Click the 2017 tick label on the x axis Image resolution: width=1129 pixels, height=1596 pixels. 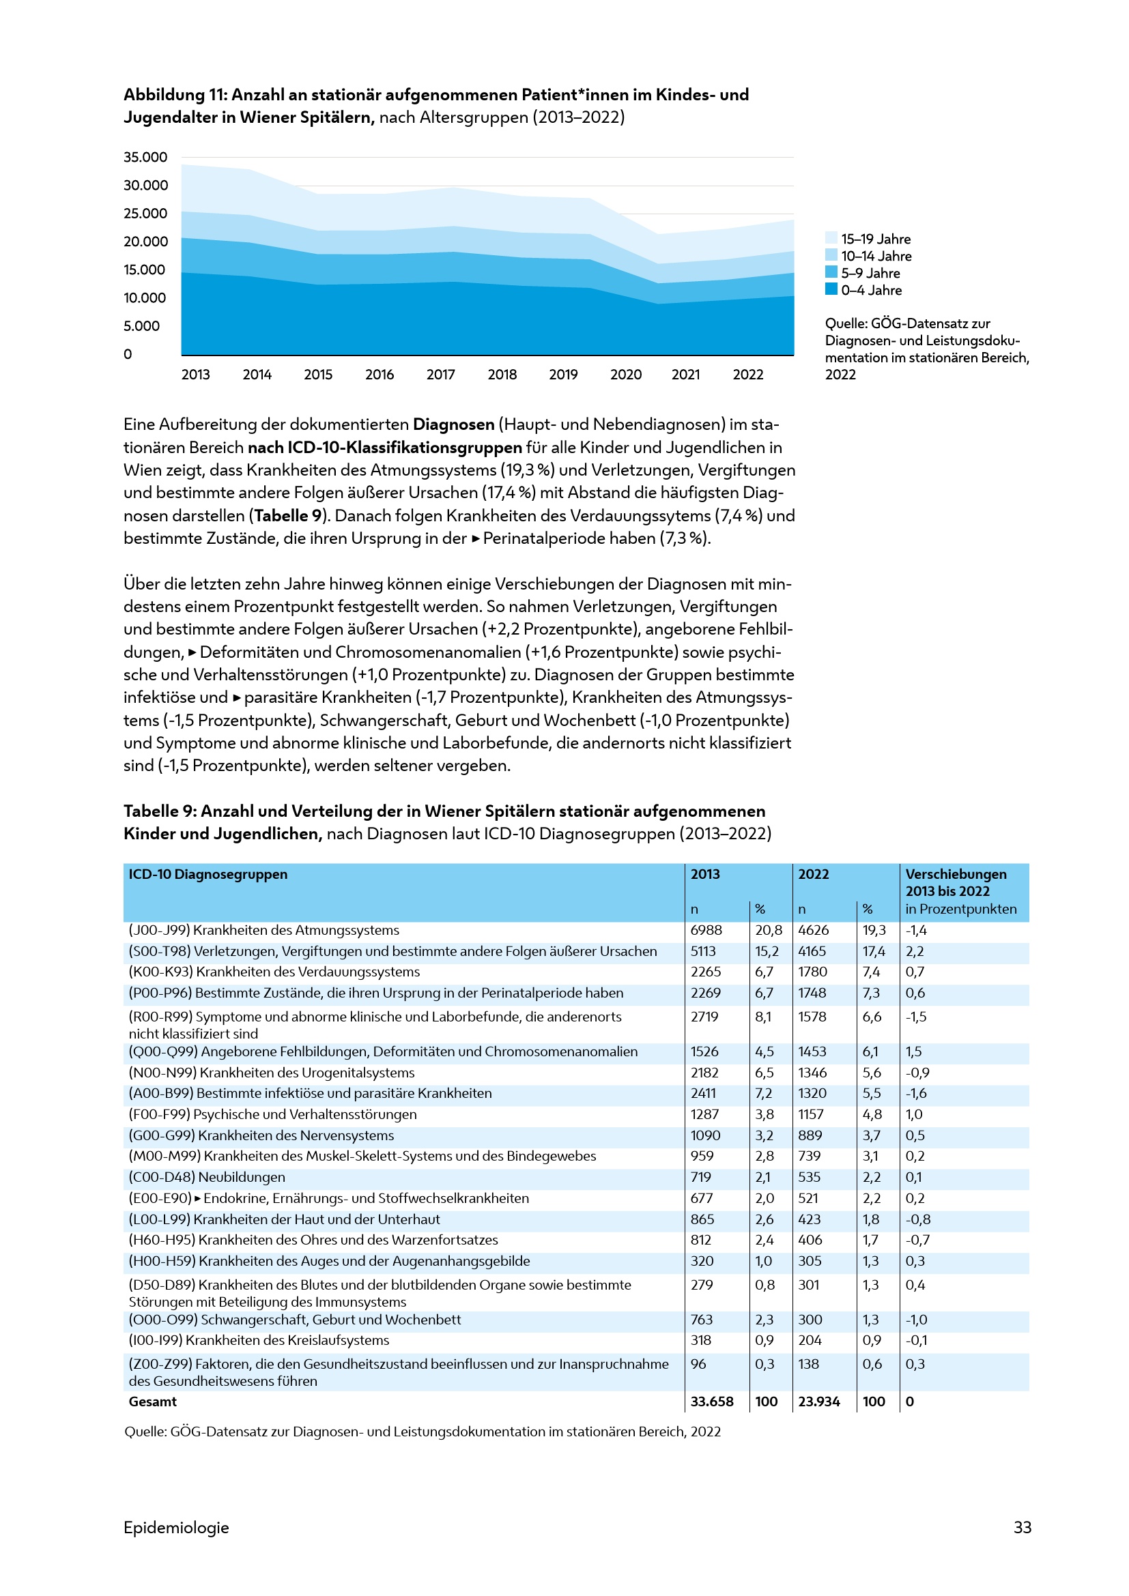pos(440,375)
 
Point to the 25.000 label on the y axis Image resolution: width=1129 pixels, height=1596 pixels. pos(145,214)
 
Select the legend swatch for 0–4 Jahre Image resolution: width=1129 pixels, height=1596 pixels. pos(831,289)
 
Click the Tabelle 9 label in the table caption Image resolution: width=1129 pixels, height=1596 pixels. pos(159,811)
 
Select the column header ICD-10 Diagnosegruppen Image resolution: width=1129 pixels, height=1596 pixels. pos(208,874)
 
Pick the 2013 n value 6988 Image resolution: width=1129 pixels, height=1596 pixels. pos(706,930)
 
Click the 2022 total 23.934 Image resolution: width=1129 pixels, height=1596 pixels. pos(818,1402)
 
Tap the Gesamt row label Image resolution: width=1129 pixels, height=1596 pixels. pos(152,1402)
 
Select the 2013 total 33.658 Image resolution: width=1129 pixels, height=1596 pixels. pos(711,1402)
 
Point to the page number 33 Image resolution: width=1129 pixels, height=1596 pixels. pos(1022,1527)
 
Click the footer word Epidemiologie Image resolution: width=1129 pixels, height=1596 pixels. pos(176,1527)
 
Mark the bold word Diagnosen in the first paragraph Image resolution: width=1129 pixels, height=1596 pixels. pos(453,424)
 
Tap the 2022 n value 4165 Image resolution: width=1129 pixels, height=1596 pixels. pos(812,951)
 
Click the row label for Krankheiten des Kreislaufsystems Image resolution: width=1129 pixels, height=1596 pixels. pos(259,1339)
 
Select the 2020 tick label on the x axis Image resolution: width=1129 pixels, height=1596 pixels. pos(625,375)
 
